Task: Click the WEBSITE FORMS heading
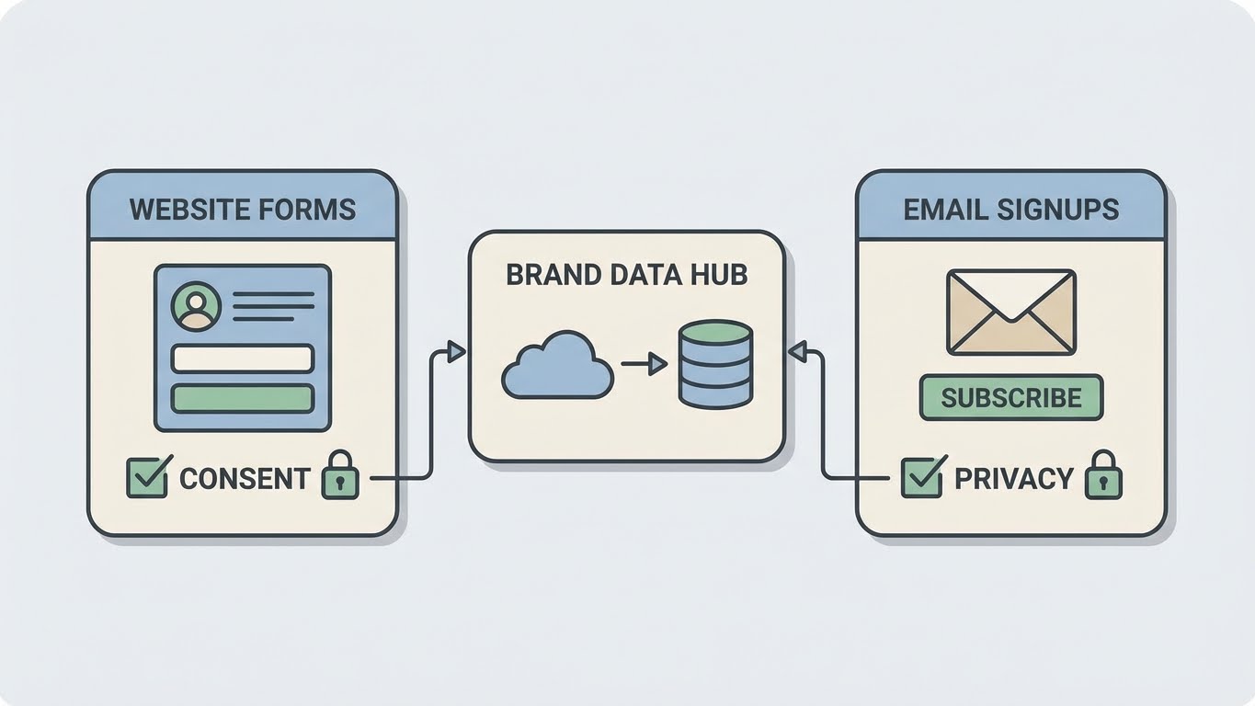[x=242, y=209]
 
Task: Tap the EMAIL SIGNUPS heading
[x=1010, y=209]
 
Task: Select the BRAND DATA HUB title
[x=626, y=275]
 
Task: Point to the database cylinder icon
[x=714, y=364]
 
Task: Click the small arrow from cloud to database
[x=644, y=365]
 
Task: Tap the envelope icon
[x=1010, y=312]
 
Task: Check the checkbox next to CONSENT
[x=147, y=477]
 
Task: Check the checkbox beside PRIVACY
[x=921, y=478]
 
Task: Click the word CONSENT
[x=245, y=479]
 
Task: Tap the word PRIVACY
[x=1013, y=479]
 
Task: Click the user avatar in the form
[x=196, y=305]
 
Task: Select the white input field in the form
[x=243, y=359]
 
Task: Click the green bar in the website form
[x=243, y=398]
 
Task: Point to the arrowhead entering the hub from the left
[x=455, y=350]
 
